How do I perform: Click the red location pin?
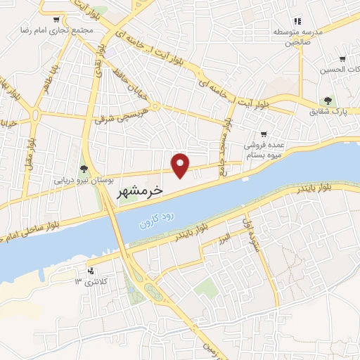click(x=181, y=165)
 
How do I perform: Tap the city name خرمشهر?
click(x=138, y=191)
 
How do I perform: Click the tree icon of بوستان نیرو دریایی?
click(x=84, y=169)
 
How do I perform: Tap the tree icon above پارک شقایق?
click(x=328, y=101)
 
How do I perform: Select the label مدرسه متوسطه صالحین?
click(x=296, y=37)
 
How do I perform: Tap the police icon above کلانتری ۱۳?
click(x=90, y=271)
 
